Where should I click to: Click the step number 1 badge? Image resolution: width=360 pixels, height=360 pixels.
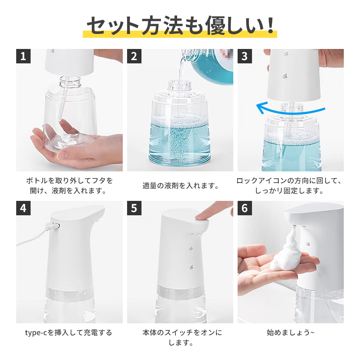pos(23,56)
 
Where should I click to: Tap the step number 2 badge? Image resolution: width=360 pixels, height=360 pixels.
pos(134,56)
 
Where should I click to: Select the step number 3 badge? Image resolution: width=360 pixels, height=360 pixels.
pos(245,56)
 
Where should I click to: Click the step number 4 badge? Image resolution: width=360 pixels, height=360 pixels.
pos(23,208)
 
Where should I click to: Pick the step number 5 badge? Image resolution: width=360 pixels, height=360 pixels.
pos(134,208)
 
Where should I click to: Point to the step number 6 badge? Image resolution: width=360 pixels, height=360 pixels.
pos(245,208)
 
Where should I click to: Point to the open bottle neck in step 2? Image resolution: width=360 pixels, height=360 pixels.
pos(179,86)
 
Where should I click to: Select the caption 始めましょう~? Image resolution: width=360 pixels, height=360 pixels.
pos(291,332)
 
